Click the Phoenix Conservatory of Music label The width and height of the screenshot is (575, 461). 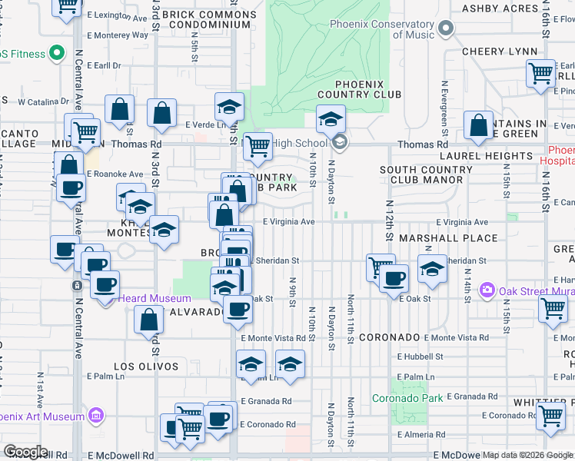[381, 29]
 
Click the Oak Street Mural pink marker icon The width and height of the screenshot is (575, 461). [487, 290]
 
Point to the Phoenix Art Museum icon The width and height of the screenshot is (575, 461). [96, 416]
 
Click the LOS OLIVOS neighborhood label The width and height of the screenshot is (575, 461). [146, 367]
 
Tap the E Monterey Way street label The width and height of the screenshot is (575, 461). [118, 35]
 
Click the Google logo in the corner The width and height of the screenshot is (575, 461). [25, 452]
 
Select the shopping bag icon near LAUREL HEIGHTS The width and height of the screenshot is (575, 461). [478, 126]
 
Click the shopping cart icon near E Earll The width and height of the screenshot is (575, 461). [541, 72]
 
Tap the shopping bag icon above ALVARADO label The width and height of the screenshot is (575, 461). [148, 320]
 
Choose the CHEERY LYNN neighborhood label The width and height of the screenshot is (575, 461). [499, 51]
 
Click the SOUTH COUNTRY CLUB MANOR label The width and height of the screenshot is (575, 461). [422, 174]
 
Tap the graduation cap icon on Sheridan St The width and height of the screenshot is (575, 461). [433, 269]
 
